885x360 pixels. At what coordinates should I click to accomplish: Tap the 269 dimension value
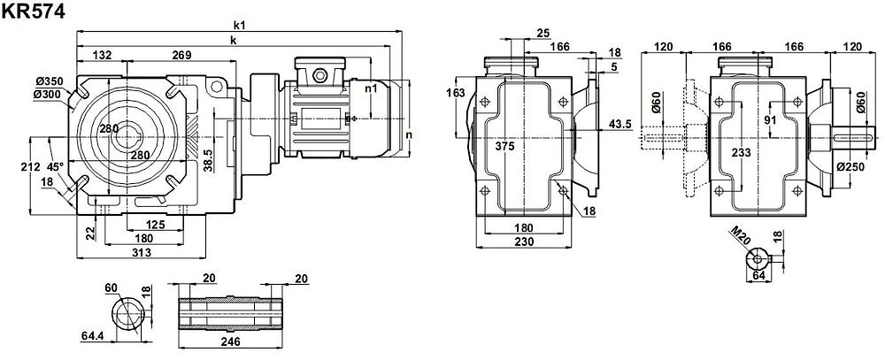tap(181, 56)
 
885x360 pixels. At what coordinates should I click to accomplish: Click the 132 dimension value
tap(103, 56)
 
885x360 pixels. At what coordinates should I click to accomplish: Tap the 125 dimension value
tap(155, 226)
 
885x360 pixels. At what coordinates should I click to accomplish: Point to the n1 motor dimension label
tap(371, 88)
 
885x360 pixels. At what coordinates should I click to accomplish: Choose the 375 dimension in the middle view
tap(504, 146)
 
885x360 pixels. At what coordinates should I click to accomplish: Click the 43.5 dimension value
tap(620, 125)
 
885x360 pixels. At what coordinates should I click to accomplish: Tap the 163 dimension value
tap(456, 92)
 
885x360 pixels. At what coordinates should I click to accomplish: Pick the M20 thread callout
tap(739, 235)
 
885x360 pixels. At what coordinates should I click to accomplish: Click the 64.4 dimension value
tap(92, 336)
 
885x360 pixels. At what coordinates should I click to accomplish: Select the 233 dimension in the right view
tap(741, 152)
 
